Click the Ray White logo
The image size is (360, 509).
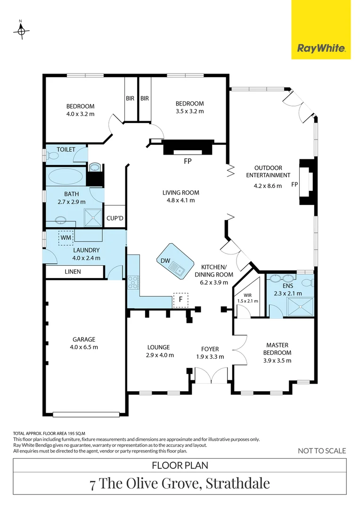[321, 48]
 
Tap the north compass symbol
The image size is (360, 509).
[21, 31]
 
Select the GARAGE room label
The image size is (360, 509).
[84, 339]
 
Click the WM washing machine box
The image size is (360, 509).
[66, 238]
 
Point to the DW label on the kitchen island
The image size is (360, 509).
[164, 260]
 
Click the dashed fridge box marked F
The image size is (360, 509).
[180, 300]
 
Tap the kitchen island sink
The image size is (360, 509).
[179, 270]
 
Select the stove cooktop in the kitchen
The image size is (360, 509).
[132, 282]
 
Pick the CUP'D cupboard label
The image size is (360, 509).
[115, 218]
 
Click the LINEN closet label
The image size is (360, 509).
[73, 272]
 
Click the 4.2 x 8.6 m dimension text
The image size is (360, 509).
[268, 186]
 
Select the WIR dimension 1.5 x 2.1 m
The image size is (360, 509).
[247, 301]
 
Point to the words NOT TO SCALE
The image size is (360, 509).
[322, 451]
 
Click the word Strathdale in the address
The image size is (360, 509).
[237, 483]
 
